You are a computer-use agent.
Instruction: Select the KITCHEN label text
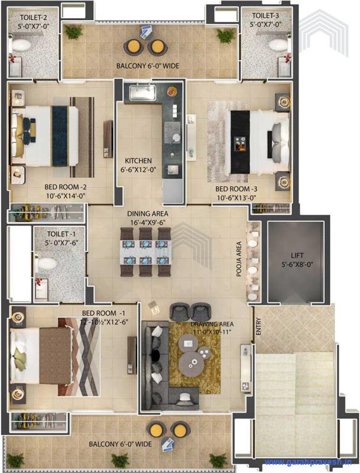pyautogui.click(x=138, y=161)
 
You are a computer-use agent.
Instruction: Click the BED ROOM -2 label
pyautogui.click(x=66, y=187)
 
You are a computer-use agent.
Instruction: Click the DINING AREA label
pyautogui.click(x=148, y=213)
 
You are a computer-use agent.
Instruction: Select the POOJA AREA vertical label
pyautogui.click(x=239, y=255)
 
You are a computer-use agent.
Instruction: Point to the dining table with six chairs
pyautogui.click(x=145, y=253)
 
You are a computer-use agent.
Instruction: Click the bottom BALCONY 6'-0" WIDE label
pyautogui.click(x=121, y=443)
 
